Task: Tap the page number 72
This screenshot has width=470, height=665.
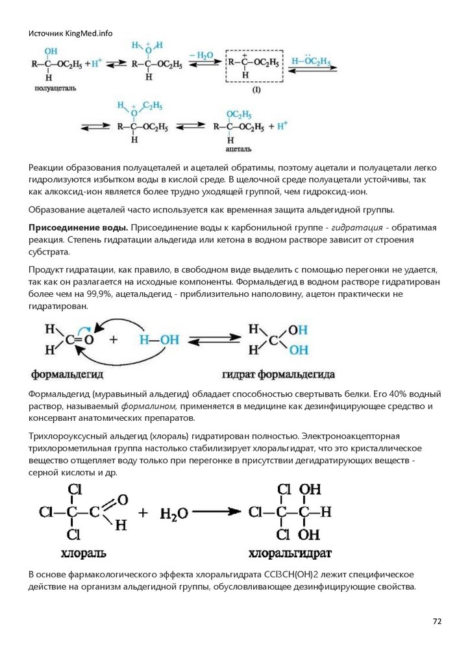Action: [437, 621]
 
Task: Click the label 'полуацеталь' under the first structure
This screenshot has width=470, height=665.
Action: [52, 87]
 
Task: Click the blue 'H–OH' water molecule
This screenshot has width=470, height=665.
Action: [159, 339]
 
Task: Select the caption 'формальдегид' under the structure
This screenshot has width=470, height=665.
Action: [68, 375]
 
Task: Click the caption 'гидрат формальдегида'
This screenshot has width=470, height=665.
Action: [278, 375]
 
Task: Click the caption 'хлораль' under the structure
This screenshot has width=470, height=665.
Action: [83, 553]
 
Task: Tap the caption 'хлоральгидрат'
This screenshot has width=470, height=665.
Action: [290, 553]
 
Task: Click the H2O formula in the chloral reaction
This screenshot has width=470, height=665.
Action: [174, 514]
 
